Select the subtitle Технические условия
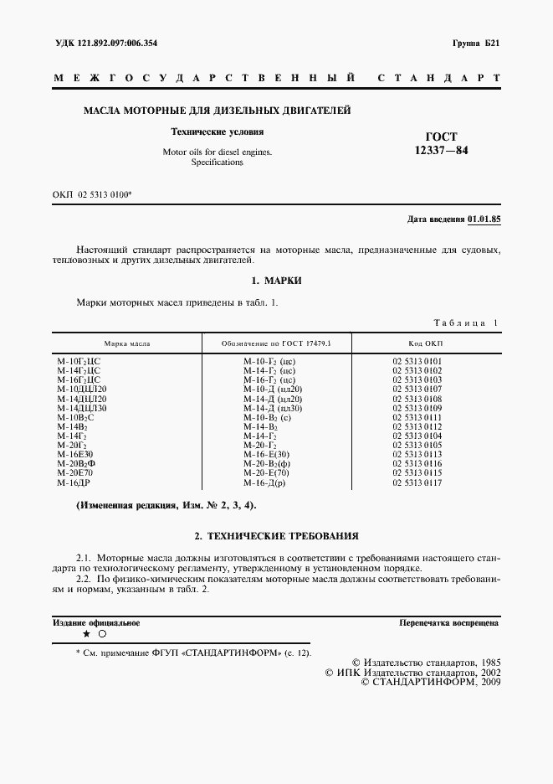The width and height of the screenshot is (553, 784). (x=218, y=132)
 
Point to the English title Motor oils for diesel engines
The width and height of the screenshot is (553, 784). (x=218, y=152)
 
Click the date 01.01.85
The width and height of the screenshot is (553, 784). (x=484, y=219)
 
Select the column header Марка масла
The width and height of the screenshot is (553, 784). (x=127, y=343)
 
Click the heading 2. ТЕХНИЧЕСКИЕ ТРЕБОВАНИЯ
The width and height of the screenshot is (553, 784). (x=276, y=534)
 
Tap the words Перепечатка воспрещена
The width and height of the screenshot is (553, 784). (x=449, y=623)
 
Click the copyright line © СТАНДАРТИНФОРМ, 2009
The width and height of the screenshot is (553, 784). (x=429, y=682)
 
